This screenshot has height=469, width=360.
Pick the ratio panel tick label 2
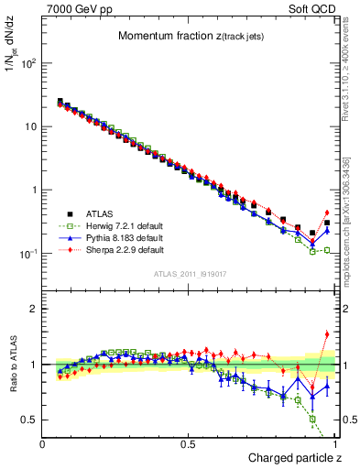34,309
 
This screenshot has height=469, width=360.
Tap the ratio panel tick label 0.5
30,420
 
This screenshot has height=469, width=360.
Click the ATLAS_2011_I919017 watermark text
188,272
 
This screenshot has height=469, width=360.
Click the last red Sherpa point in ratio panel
327,334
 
